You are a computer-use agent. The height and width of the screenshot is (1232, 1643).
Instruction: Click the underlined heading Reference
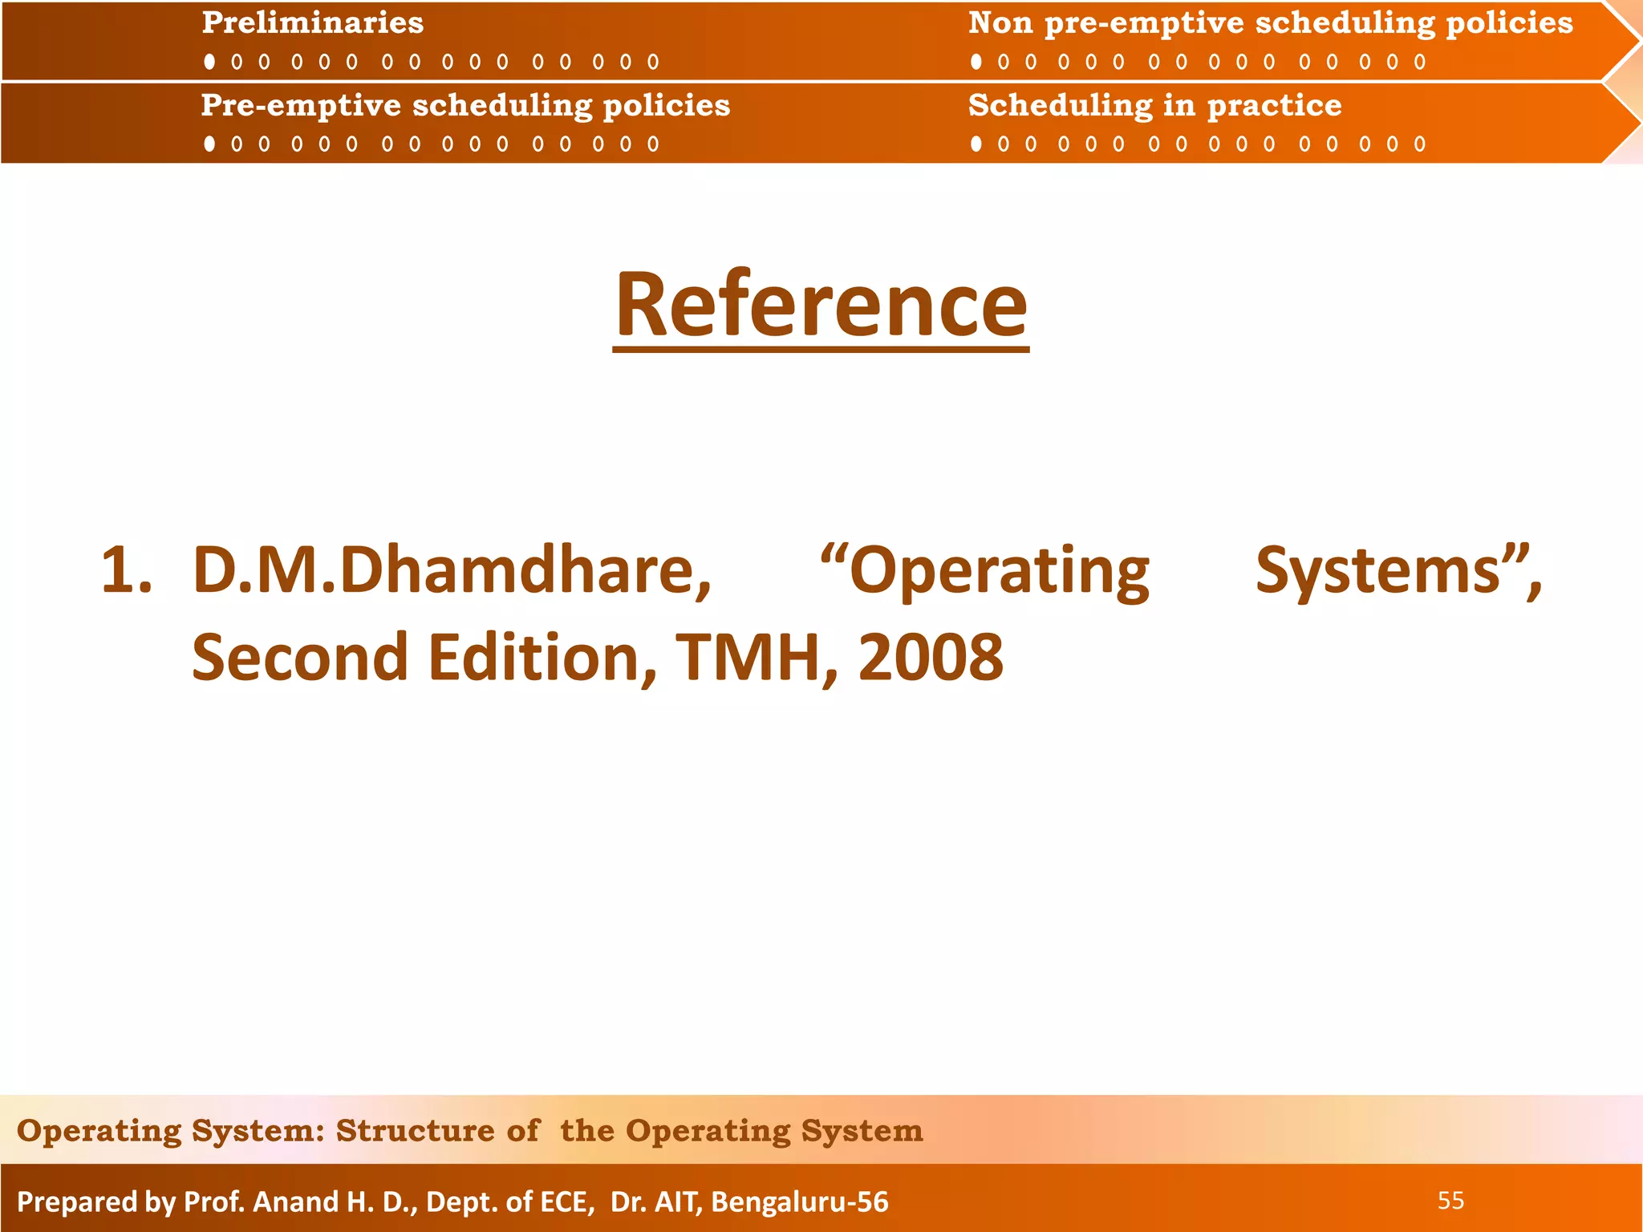tap(821, 306)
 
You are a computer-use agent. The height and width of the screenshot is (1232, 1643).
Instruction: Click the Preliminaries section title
tap(312, 23)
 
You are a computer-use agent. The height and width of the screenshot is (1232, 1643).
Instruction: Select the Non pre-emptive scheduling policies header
tap(1270, 23)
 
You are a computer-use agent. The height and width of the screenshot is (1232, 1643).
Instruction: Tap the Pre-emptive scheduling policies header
tap(465, 106)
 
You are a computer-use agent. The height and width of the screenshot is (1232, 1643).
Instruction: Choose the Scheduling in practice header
tap(1154, 106)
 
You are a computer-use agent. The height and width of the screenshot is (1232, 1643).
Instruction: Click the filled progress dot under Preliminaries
tap(209, 62)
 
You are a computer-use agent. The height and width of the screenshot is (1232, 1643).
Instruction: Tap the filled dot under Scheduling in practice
tap(976, 144)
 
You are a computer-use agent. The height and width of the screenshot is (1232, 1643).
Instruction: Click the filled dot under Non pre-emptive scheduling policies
tap(976, 62)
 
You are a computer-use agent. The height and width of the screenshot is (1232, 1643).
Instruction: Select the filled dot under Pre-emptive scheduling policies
tap(209, 144)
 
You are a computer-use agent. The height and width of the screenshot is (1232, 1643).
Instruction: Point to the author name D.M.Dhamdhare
tap(452, 571)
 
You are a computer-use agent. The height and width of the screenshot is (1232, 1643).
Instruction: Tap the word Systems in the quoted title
tap(1377, 571)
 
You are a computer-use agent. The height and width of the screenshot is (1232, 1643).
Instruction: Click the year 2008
tap(931, 658)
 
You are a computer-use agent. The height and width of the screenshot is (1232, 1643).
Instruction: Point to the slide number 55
tap(1450, 1201)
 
